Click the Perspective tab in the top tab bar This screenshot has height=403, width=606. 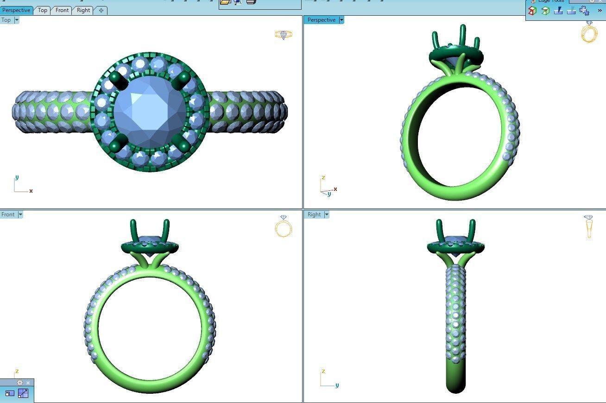pos(16,10)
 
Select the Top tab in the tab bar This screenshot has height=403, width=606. pos(43,10)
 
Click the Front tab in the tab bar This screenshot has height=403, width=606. pos(62,10)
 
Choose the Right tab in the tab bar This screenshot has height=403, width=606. pos(83,10)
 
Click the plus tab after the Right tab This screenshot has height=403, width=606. pos(101,10)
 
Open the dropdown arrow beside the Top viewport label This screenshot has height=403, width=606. pos(17,20)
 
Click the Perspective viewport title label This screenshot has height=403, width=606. pos(321,20)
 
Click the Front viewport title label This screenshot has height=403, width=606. pos(8,214)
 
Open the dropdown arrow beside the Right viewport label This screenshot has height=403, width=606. pos(327,214)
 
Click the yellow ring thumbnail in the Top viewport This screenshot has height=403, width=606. pos(284,35)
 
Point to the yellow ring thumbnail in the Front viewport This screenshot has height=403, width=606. pos(284,227)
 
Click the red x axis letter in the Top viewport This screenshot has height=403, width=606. pos(31,191)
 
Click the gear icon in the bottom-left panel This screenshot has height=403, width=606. pos(19,383)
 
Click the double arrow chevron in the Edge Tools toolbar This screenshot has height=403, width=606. pos(600,10)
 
